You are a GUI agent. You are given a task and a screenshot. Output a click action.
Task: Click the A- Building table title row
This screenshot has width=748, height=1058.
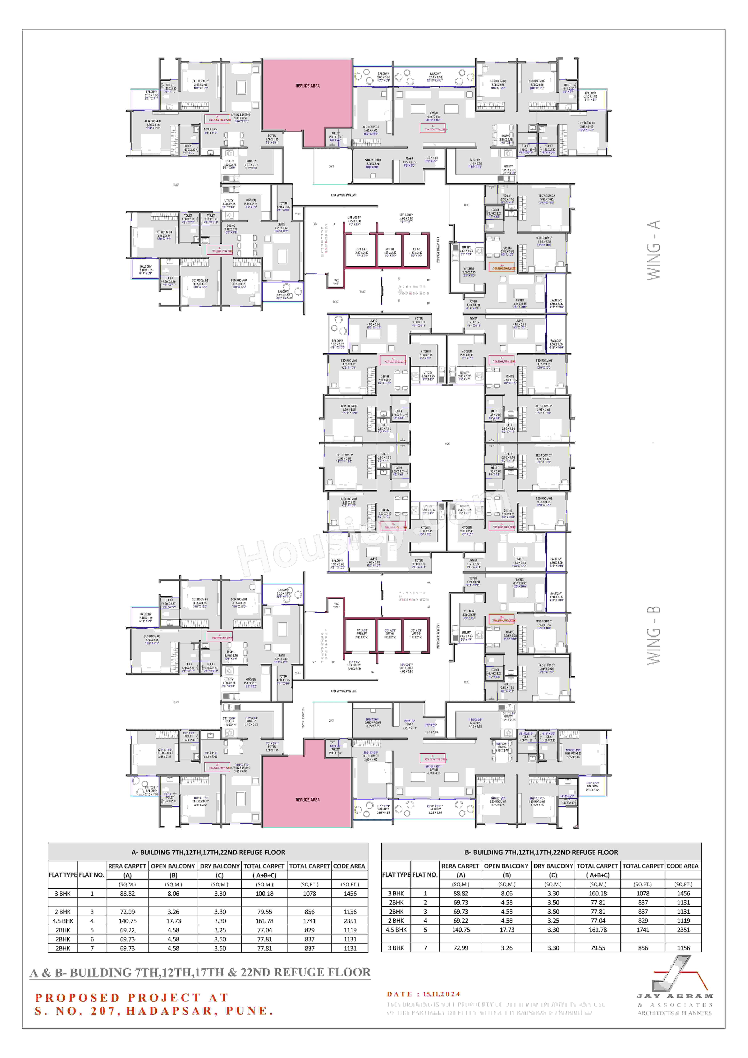(x=208, y=852)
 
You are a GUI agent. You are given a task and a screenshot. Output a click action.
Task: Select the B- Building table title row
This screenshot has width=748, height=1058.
(x=541, y=852)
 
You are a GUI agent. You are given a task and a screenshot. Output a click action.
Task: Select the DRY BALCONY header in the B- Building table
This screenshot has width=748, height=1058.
(x=553, y=866)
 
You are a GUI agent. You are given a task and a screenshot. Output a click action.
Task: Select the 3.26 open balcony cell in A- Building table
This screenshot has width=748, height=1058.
(x=173, y=911)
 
